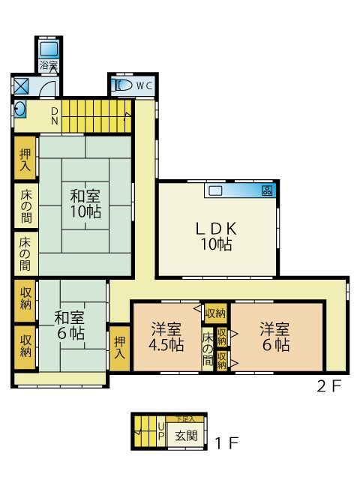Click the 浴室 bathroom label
click(x=48, y=66)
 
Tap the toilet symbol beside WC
click(x=121, y=85)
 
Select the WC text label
click(x=143, y=85)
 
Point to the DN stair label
click(x=54, y=115)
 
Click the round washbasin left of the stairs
click(x=19, y=109)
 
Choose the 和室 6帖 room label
click(x=69, y=325)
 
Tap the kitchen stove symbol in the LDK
click(x=267, y=190)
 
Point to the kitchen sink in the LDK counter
click(x=216, y=190)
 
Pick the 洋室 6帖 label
click(x=275, y=337)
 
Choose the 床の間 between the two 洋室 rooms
click(x=207, y=349)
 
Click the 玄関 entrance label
click(x=187, y=436)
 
